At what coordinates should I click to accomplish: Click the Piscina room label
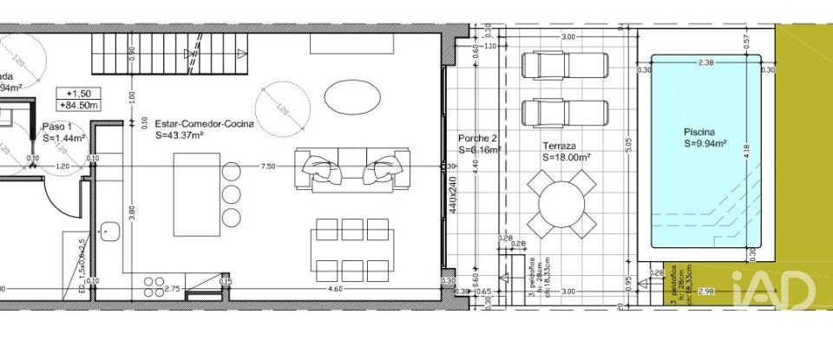tap(702, 133)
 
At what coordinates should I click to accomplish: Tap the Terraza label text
tap(561, 147)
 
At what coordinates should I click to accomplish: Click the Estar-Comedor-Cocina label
tap(205, 124)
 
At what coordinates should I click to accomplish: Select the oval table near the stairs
tap(350, 97)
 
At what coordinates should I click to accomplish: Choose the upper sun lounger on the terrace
tap(562, 66)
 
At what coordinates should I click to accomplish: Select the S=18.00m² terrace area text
tap(566, 158)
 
